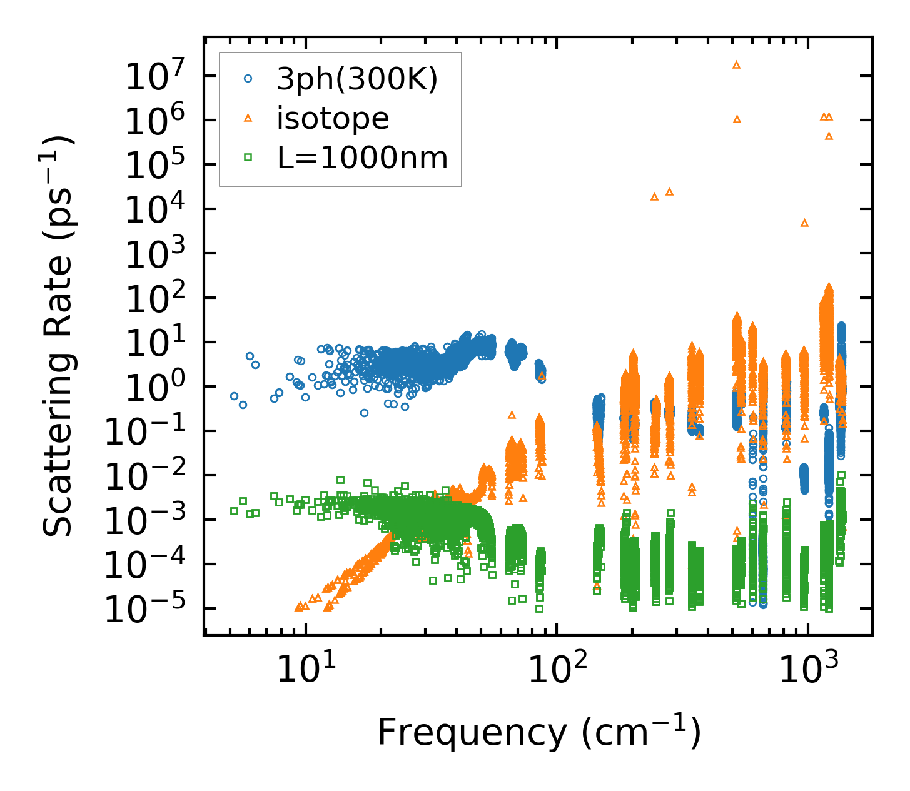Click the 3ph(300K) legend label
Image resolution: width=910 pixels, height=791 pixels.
pos(357,79)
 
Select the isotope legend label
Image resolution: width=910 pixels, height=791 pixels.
pos(333,119)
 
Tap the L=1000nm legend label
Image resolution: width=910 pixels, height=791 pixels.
pos(363,158)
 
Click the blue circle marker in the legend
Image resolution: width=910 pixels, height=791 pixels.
pos(248,79)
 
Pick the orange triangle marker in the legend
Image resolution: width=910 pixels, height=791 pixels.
pos(248,118)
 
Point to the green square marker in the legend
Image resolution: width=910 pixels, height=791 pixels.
pos(248,158)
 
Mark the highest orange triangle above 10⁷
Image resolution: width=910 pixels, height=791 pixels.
pos(736,64)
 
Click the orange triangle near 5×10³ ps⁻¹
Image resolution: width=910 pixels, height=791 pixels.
pos(805,223)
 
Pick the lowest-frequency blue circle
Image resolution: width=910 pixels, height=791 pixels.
pos(234,396)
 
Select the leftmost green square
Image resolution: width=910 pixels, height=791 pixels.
pos(234,511)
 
